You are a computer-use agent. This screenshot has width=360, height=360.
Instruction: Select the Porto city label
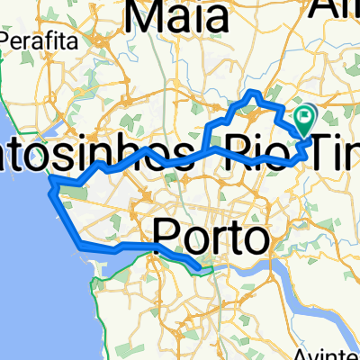coord(212,238)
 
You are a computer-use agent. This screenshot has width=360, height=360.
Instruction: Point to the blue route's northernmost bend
coord(254,94)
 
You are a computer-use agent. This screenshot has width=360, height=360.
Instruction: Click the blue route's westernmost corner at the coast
coord(52,183)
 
